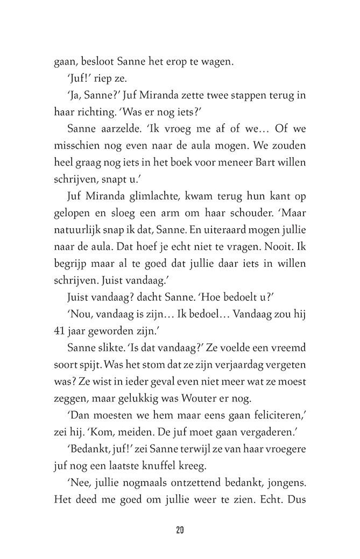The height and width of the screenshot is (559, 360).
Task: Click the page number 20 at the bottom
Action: pyautogui.click(x=180, y=530)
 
